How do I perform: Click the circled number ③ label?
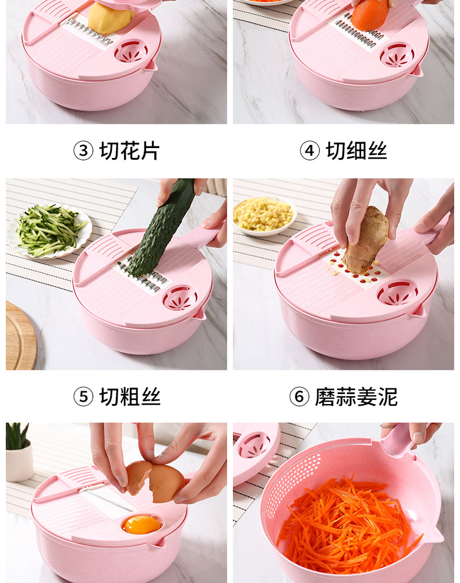(x=83, y=151)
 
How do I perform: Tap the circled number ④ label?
(x=310, y=151)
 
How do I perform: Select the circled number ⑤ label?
(x=83, y=397)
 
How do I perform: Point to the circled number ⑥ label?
(x=299, y=397)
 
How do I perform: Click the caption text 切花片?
(x=129, y=151)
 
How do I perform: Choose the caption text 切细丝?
(x=356, y=151)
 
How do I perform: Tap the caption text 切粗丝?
(x=129, y=397)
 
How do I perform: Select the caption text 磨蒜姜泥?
(x=356, y=397)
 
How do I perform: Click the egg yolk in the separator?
(x=141, y=524)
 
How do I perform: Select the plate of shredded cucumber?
(x=49, y=230)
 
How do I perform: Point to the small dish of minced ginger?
(x=263, y=215)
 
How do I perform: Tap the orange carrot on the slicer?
(x=370, y=15)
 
